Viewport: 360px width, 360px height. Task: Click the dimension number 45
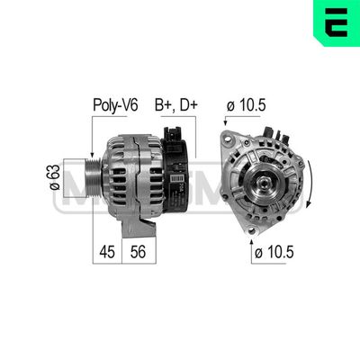pyautogui.click(x=107, y=253)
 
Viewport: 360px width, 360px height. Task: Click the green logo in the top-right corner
pyautogui.click(x=337, y=22)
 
